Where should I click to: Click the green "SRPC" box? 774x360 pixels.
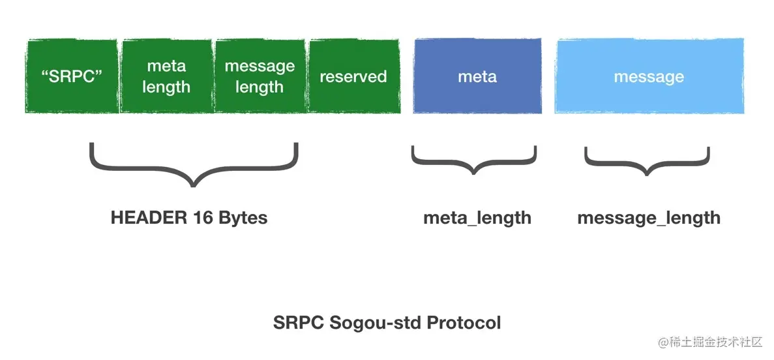pos(72,76)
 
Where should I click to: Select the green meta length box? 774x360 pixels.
pos(166,76)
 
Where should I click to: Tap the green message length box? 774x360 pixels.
pos(260,76)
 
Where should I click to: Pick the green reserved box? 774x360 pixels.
pos(353,76)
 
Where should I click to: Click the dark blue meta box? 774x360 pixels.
pos(477,76)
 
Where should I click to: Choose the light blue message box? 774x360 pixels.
pos(649,76)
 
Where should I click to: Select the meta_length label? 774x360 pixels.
pos(477,218)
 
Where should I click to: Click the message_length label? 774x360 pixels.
pos(649,218)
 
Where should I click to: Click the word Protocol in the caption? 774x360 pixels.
pos(462,322)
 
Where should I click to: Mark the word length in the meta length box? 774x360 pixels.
pos(166,87)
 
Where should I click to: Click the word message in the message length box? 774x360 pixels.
pos(260,67)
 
